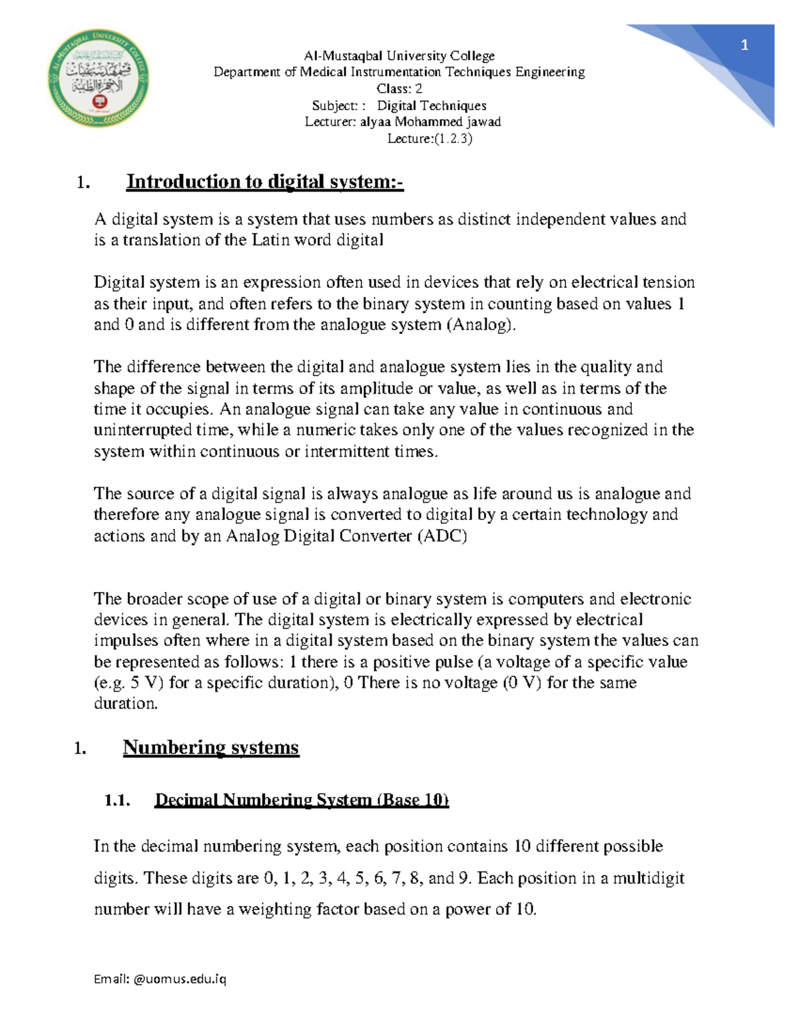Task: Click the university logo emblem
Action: (98, 79)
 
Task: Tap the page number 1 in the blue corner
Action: (744, 45)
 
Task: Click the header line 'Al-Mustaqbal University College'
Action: (399, 56)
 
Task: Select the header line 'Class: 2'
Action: (399, 89)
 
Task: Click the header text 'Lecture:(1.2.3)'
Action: (429, 138)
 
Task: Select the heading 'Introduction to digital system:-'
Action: (265, 182)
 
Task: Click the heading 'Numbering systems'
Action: (210, 748)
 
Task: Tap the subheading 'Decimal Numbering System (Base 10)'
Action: (302, 800)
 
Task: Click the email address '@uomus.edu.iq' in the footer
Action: (180, 979)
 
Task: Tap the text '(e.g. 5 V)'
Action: (129, 683)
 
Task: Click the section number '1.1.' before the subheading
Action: (117, 800)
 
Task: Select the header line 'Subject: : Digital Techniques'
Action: (399, 105)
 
